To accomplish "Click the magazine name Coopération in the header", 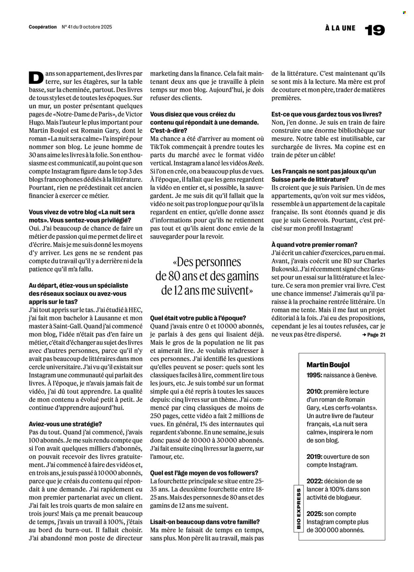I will (x=43, y=27).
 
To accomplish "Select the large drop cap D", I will (x=36, y=78).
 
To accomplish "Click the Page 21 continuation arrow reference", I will (x=374, y=335).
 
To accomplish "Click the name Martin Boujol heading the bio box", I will (x=328, y=365).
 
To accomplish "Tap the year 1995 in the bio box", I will (x=314, y=375).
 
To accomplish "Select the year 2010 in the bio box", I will (x=314, y=391).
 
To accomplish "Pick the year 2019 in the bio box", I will (x=314, y=457).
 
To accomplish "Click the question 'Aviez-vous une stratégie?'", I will (x=65, y=424).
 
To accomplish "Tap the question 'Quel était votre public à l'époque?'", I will (x=198, y=318).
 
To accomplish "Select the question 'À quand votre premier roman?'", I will (x=314, y=245).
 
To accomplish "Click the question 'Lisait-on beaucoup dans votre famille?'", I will (x=205, y=522).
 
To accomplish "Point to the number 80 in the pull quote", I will (x=174, y=276).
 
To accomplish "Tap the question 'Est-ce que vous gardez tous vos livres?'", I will (x=326, y=114).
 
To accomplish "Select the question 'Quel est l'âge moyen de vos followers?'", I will (x=204, y=473).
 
